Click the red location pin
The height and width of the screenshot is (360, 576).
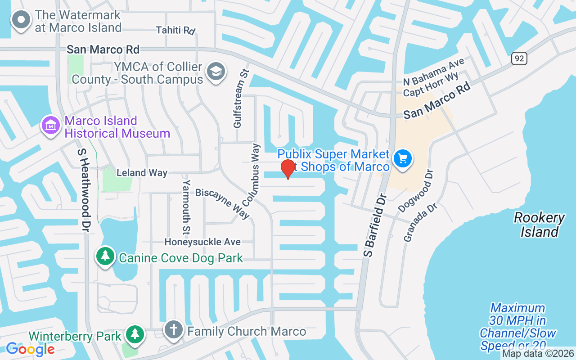click(288, 169)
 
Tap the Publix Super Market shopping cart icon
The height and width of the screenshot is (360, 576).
click(403, 159)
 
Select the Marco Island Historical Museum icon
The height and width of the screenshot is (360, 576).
click(51, 125)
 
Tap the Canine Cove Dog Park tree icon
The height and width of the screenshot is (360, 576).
click(105, 256)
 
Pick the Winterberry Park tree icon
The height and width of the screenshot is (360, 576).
click(135, 334)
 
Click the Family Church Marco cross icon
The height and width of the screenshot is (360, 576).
click(173, 329)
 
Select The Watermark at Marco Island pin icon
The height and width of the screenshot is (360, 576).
click(21, 20)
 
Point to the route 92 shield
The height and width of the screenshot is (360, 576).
click(519, 58)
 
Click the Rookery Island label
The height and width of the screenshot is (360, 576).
click(539, 225)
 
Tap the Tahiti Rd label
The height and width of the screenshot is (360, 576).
click(175, 30)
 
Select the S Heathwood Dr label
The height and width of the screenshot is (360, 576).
click(84, 190)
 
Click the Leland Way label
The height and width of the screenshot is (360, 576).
click(142, 172)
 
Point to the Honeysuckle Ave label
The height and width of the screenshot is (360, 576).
click(202, 242)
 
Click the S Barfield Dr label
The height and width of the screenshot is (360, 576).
click(376, 226)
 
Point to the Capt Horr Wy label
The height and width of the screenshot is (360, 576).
click(431, 85)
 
